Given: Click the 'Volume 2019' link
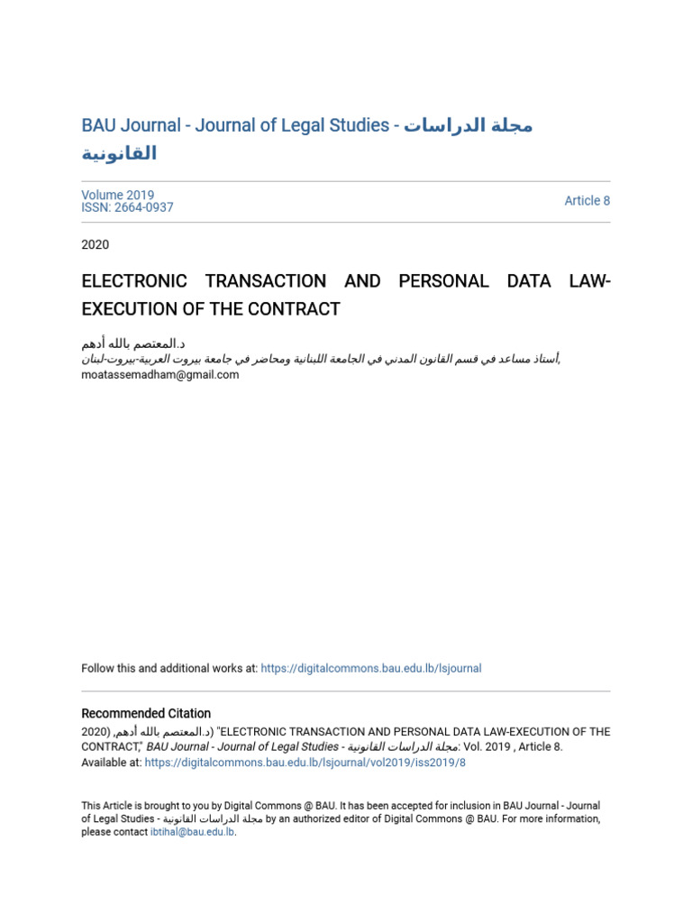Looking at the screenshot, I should (118, 195).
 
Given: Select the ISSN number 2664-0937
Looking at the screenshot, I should (143, 207).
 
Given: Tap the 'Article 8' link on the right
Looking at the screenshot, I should (587, 201).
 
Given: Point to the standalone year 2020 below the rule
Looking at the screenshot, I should (96, 244).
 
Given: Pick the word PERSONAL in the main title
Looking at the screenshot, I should (443, 281).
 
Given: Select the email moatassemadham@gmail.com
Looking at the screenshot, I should (160, 375).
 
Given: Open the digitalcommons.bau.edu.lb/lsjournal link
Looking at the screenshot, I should (370, 668).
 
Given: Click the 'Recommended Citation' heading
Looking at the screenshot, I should (146, 713).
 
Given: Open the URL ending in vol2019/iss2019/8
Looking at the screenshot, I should (305, 762).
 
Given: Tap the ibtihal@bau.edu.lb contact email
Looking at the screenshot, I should (192, 832).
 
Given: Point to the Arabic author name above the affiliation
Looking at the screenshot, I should (133, 344).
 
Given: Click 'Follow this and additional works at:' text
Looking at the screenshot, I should (169, 668).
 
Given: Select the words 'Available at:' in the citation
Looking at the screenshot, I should (111, 762).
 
